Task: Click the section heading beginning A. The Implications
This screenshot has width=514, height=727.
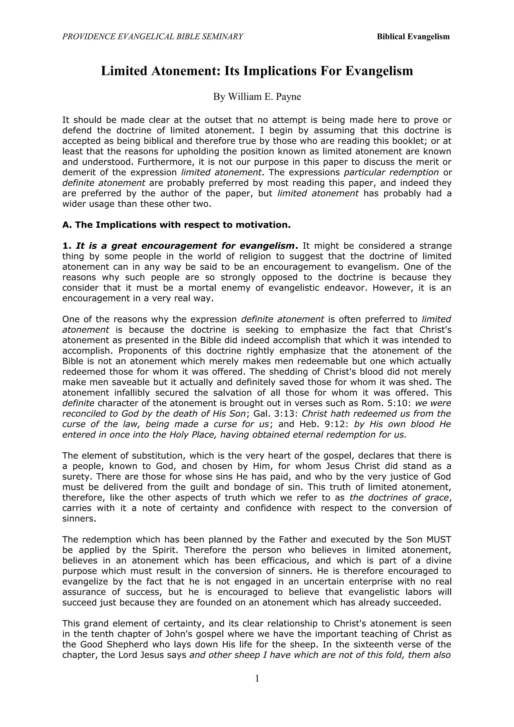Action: [x=176, y=225]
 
